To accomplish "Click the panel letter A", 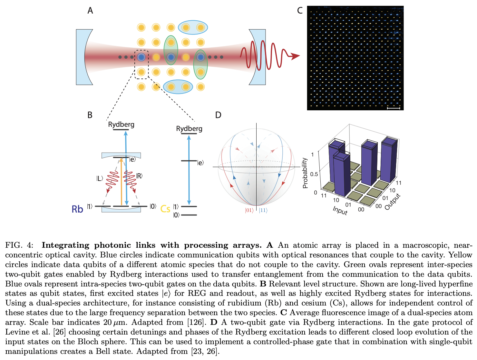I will (90, 11).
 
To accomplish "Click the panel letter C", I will (300, 11).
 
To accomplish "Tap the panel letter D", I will (218, 115).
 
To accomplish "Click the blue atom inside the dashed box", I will (141, 57).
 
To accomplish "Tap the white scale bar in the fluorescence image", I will (393, 108).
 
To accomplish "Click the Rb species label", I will (77, 209).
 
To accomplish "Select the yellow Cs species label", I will (165, 209).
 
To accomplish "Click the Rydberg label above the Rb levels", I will (121, 125).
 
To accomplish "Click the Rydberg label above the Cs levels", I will (189, 129).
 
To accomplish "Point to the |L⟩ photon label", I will (99, 178).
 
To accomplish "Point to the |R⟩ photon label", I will (139, 176).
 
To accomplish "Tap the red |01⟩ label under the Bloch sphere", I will (249, 211).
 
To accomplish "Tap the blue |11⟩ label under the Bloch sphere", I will (263, 211).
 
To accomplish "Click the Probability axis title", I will (305, 173).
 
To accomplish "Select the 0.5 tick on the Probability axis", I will (314, 174).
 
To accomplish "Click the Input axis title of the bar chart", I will (340, 210).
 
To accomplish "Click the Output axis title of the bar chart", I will (393, 202).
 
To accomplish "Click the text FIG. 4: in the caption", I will (19, 245).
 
